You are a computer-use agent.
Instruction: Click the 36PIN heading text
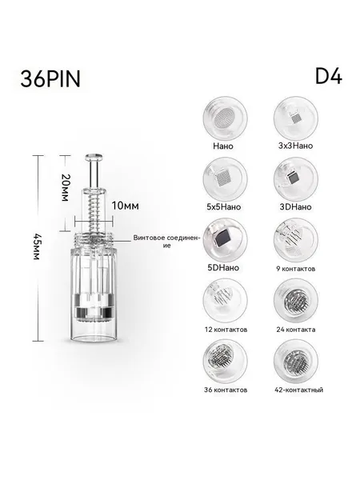click(50, 78)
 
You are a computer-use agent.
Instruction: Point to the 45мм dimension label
click(37, 246)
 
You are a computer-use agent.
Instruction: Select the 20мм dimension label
click(65, 188)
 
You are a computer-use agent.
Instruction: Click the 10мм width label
click(125, 206)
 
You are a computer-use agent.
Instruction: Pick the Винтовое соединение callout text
click(166, 242)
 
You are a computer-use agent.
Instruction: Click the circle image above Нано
click(225, 118)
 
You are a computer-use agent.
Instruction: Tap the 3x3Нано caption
click(295, 146)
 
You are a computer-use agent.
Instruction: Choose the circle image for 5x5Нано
click(225, 178)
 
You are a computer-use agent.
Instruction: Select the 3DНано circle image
click(296, 178)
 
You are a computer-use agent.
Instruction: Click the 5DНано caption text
click(223, 267)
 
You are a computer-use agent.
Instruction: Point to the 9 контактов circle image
click(296, 240)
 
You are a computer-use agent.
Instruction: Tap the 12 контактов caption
click(226, 330)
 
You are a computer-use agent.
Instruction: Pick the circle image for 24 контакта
click(296, 300)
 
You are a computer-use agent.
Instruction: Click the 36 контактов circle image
click(225, 361)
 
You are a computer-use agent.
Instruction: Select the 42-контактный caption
click(298, 390)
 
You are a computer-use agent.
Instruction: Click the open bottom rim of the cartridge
click(94, 338)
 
